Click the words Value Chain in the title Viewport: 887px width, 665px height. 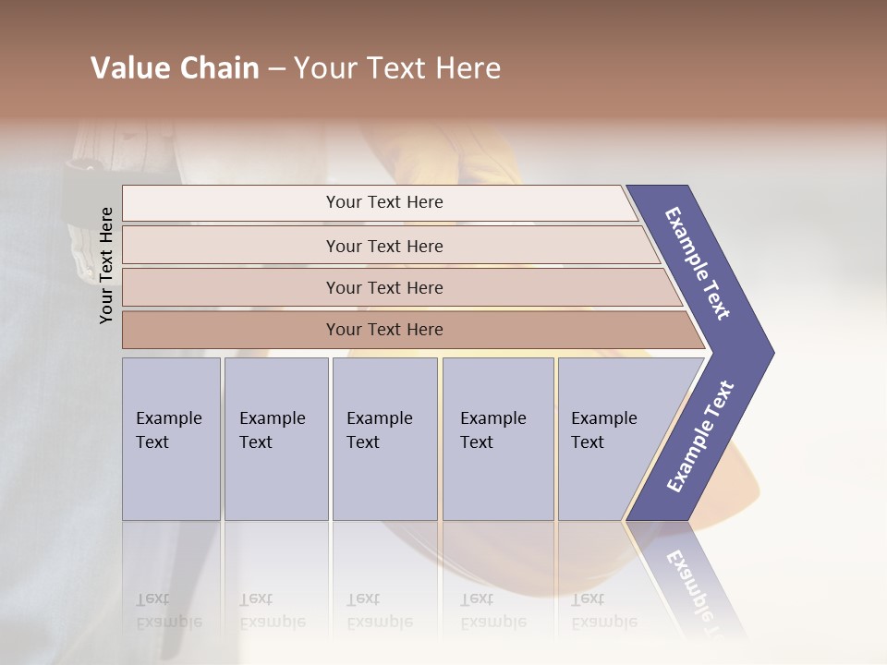[x=175, y=68]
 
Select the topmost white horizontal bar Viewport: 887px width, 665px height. [x=231, y=203]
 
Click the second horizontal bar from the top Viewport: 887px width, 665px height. [x=231, y=246]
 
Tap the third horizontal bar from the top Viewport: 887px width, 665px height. [x=231, y=288]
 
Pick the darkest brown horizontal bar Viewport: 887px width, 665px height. [x=231, y=330]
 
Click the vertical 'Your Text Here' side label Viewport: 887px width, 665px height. [x=107, y=265]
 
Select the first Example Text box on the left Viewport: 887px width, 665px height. [x=171, y=439]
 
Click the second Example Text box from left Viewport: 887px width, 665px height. [x=276, y=439]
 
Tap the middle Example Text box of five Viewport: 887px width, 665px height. [x=384, y=439]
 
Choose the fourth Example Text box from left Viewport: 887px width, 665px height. [x=498, y=439]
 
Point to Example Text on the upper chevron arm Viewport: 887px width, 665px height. [x=698, y=263]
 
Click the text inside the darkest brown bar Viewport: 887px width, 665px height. [x=384, y=330]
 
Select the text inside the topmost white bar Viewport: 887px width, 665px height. [x=384, y=202]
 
